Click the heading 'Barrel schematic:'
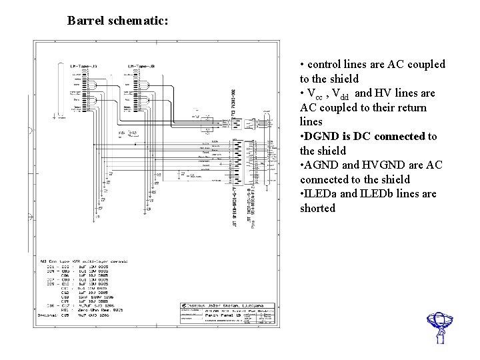(x=117, y=21)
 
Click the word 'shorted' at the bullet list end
(x=318, y=209)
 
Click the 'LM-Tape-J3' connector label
(x=84, y=67)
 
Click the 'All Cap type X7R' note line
(x=84, y=261)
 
